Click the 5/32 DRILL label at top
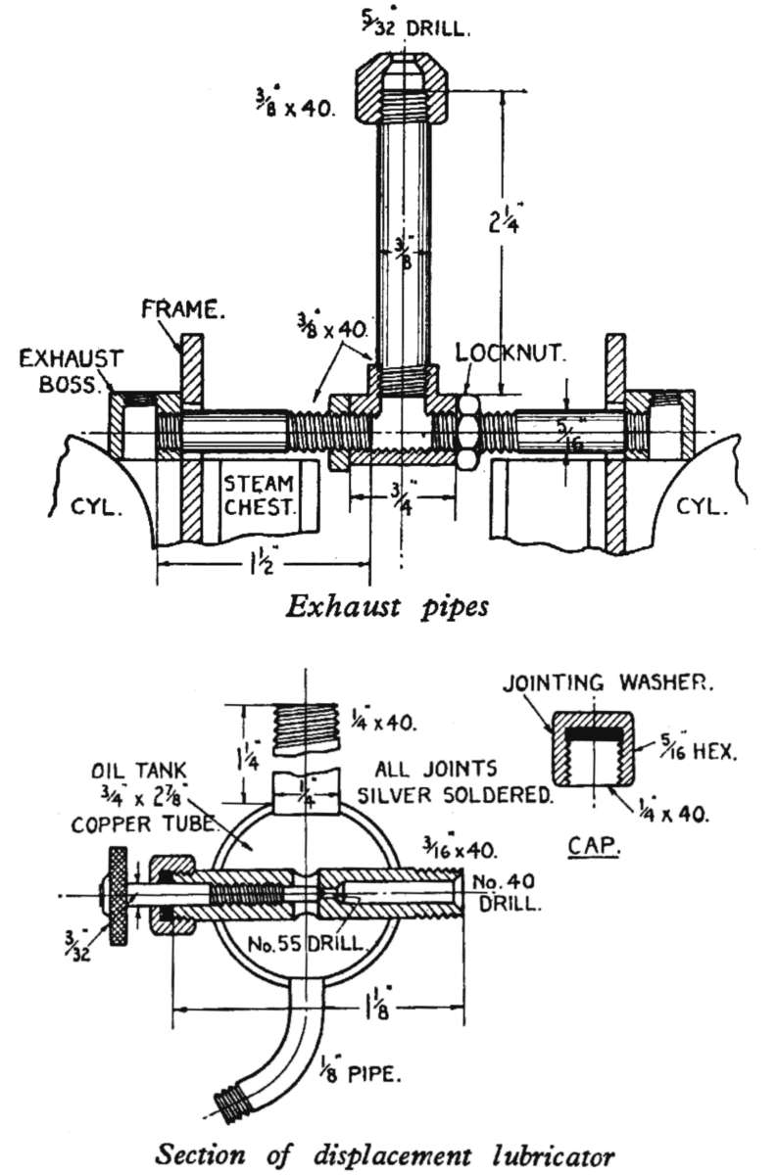(414, 24)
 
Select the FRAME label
(182, 309)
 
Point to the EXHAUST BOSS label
(71, 371)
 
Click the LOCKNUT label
(511, 352)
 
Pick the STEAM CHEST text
(260, 495)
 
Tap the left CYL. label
(97, 507)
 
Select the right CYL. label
(702, 506)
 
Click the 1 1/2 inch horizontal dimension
(263, 564)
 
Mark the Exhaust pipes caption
(387, 607)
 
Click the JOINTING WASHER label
(608, 682)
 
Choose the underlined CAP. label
(594, 845)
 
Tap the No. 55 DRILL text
(307, 944)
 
